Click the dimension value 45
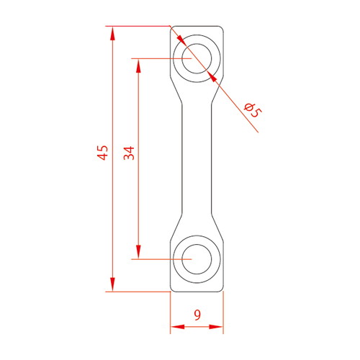pos(103,153)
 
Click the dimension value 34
pos(129,153)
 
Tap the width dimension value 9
pos(197,315)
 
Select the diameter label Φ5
pos(253,110)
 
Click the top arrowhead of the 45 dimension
pos(112,33)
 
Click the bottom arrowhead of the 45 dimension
pos(112,284)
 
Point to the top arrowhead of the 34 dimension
pos(138,66)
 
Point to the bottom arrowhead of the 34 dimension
pos(138,252)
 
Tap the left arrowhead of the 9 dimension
pos(177,327)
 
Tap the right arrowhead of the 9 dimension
pos(216,327)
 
